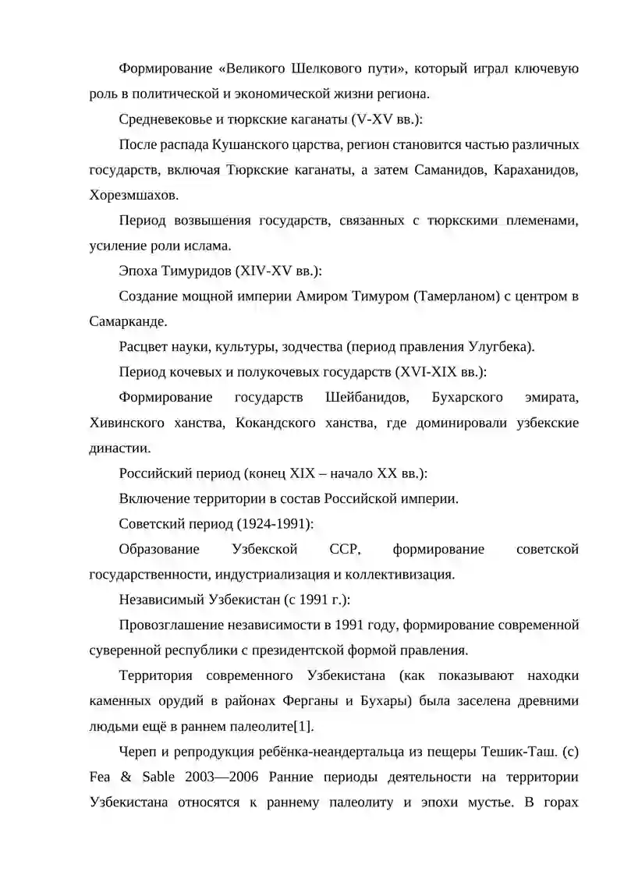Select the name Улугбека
(x=502, y=347)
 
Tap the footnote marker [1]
(x=302, y=727)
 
